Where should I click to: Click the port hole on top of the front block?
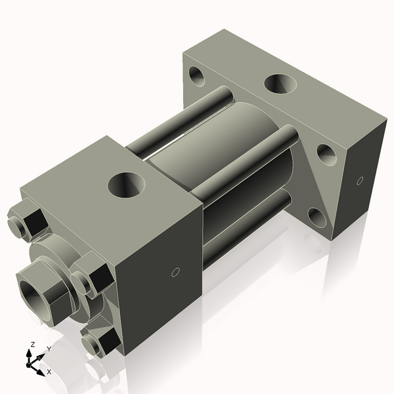pyautogui.click(x=127, y=185)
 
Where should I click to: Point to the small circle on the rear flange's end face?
pyautogui.click(x=359, y=181)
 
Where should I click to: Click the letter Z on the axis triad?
pyautogui.click(x=32, y=345)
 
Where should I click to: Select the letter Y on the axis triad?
pyautogui.click(x=49, y=349)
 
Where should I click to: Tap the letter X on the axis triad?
pyautogui.click(x=49, y=372)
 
